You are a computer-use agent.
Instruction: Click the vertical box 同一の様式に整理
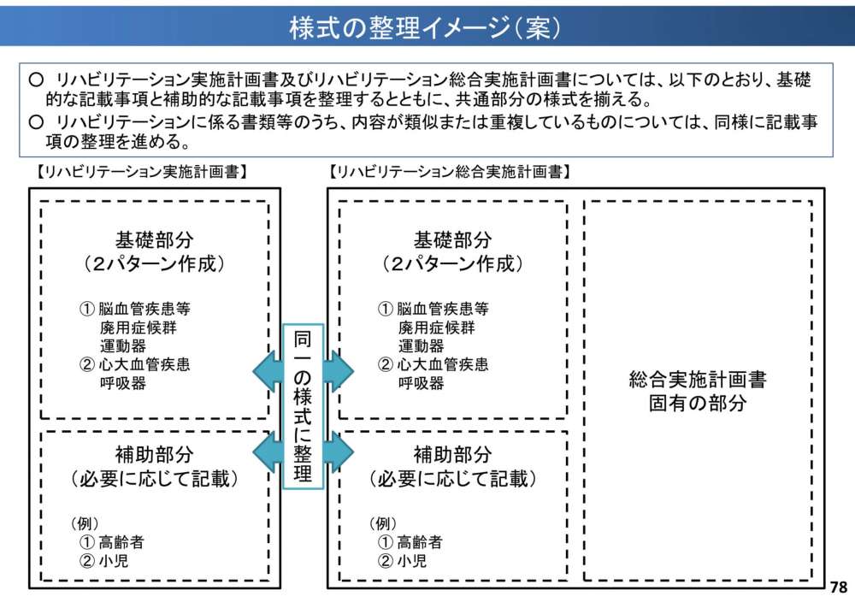click(303, 406)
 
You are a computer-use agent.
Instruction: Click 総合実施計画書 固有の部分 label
click(697, 392)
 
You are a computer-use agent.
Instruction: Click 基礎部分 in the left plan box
click(154, 240)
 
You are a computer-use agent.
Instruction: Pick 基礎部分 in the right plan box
click(452, 240)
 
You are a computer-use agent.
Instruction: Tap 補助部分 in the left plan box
click(154, 454)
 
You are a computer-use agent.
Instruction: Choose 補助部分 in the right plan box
click(452, 454)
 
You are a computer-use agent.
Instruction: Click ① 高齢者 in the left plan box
click(112, 542)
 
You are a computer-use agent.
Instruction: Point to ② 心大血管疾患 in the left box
click(135, 365)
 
